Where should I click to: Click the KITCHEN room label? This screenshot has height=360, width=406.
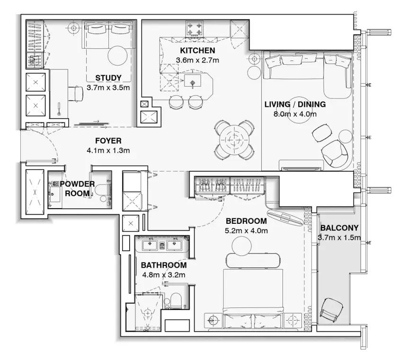point(197,50)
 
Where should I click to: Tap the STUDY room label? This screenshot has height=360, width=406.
point(108,78)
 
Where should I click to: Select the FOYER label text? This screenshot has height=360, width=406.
point(108,141)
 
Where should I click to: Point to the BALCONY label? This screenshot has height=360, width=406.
point(339,228)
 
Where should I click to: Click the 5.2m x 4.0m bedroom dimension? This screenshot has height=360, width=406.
point(246,230)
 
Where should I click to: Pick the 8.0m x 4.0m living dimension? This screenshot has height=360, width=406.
point(295,114)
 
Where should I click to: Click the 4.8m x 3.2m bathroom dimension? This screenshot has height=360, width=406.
point(164,274)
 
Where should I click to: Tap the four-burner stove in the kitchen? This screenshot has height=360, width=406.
point(194,29)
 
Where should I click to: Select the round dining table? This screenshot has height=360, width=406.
point(234,140)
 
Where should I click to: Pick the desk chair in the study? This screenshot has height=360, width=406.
point(76,94)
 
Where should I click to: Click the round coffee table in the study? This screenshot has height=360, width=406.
point(117,56)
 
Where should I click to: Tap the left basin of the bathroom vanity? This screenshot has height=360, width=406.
point(150,245)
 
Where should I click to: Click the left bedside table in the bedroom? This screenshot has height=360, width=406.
point(213,320)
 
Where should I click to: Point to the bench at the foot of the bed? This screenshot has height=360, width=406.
point(253,260)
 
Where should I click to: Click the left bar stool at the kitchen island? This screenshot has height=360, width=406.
point(176,101)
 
